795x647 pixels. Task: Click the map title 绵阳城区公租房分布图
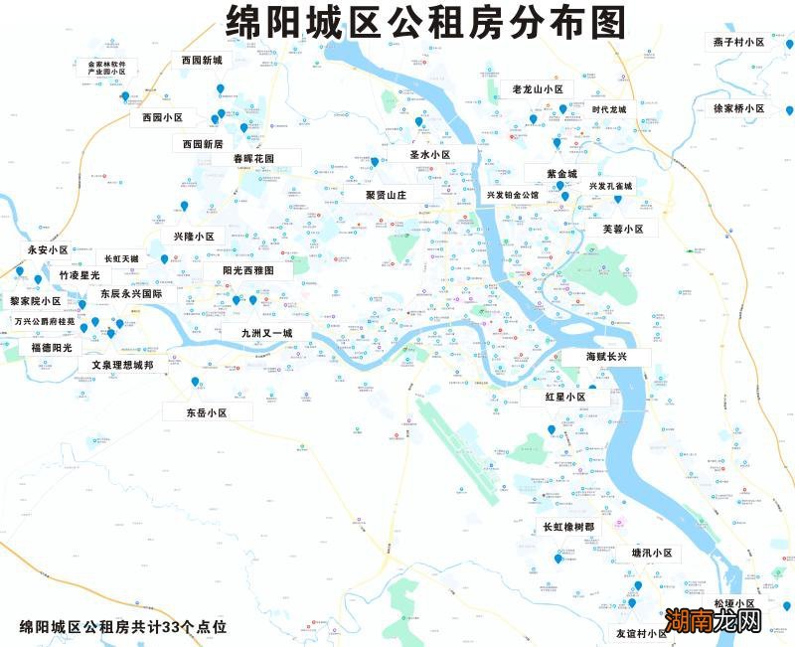(426, 21)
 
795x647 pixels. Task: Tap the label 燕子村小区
(738, 42)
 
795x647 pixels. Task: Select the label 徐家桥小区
(738, 108)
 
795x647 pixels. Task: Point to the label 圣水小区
(430, 155)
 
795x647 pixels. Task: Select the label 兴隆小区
(195, 237)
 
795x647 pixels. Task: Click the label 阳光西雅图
(240, 269)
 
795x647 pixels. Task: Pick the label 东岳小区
(208, 411)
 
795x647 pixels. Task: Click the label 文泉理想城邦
(123, 365)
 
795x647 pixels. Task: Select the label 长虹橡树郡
(567, 527)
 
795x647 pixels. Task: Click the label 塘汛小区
(653, 553)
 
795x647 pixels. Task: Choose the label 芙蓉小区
(623, 229)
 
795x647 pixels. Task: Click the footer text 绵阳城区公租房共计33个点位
(123, 627)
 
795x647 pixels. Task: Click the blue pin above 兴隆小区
(184, 206)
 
